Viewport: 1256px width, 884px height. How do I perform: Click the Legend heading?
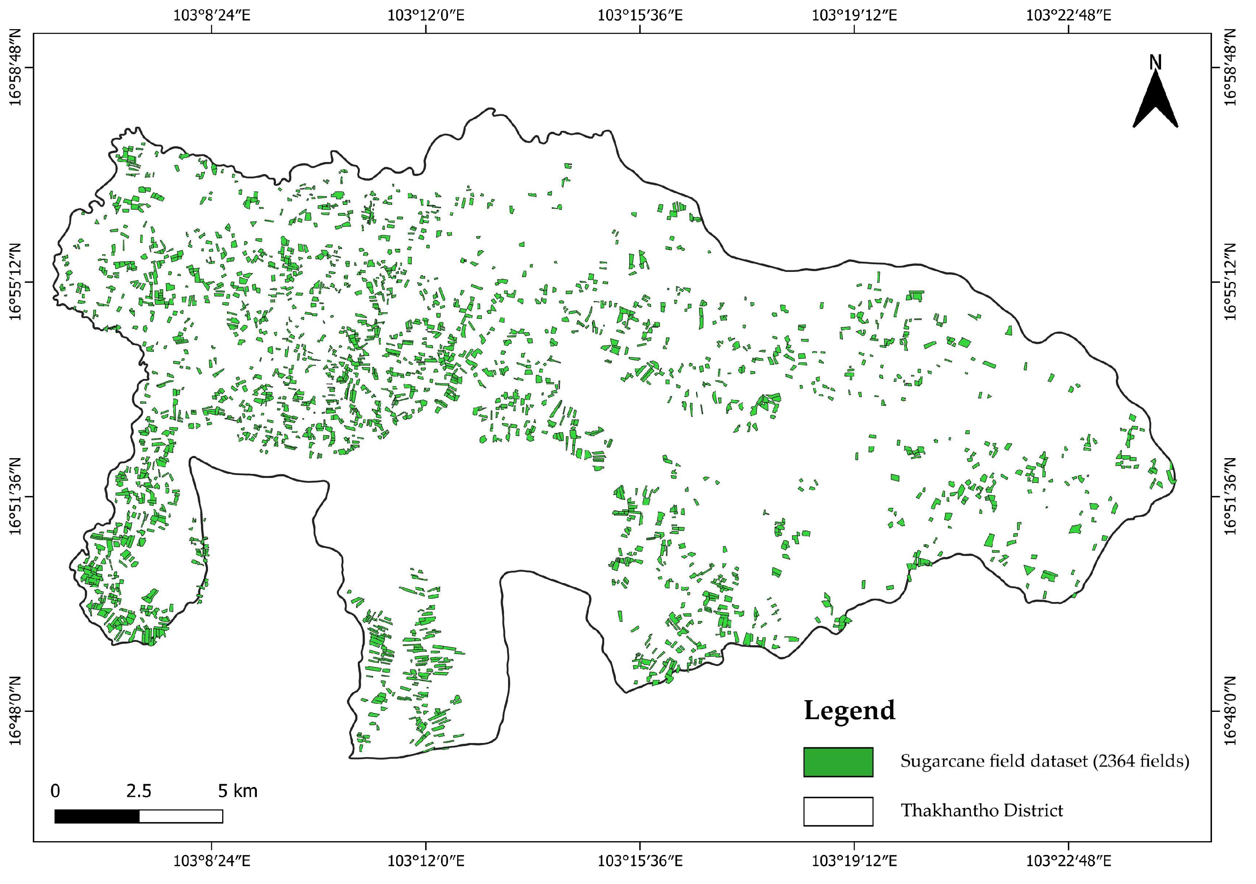[x=849, y=711]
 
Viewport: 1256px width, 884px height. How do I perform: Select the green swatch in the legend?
[x=838, y=762]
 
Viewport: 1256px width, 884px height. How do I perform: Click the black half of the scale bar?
[x=97, y=816]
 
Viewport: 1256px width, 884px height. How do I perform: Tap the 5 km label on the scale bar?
[x=237, y=791]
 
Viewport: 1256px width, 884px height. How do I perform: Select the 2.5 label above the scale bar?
[x=139, y=791]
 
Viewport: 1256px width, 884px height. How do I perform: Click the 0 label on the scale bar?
[x=55, y=791]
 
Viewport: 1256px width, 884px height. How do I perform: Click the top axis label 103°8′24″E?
[x=212, y=15]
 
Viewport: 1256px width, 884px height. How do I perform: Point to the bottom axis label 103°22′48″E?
[x=1068, y=861]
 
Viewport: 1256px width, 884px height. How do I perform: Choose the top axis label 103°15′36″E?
[x=639, y=15]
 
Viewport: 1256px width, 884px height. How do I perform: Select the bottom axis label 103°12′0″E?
[x=426, y=861]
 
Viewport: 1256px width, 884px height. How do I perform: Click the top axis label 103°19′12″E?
[x=853, y=15]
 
